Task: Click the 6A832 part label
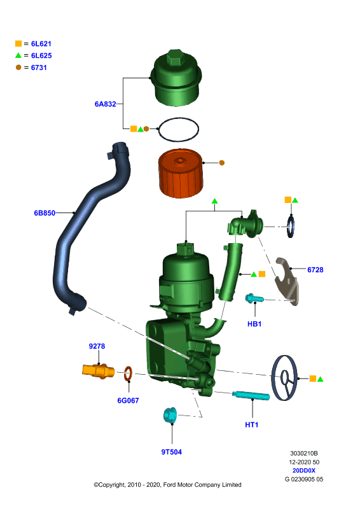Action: [x=105, y=104]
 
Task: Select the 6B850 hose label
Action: [x=45, y=213]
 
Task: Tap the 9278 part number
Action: [x=97, y=346]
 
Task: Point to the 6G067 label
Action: [x=128, y=401]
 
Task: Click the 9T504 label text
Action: [x=171, y=452]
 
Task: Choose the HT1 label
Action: [x=252, y=424]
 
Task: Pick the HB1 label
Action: [x=254, y=324]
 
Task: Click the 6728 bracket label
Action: [x=315, y=270]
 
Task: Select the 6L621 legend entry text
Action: [x=41, y=44]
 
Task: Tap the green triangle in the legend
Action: [x=18, y=55]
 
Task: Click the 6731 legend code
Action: [x=39, y=67]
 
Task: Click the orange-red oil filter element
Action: [x=181, y=173]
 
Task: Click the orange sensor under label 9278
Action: [x=98, y=371]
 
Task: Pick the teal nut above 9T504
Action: [x=170, y=415]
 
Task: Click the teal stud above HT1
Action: [x=251, y=396]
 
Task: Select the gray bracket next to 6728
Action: [x=287, y=281]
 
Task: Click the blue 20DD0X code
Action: [x=304, y=470]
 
